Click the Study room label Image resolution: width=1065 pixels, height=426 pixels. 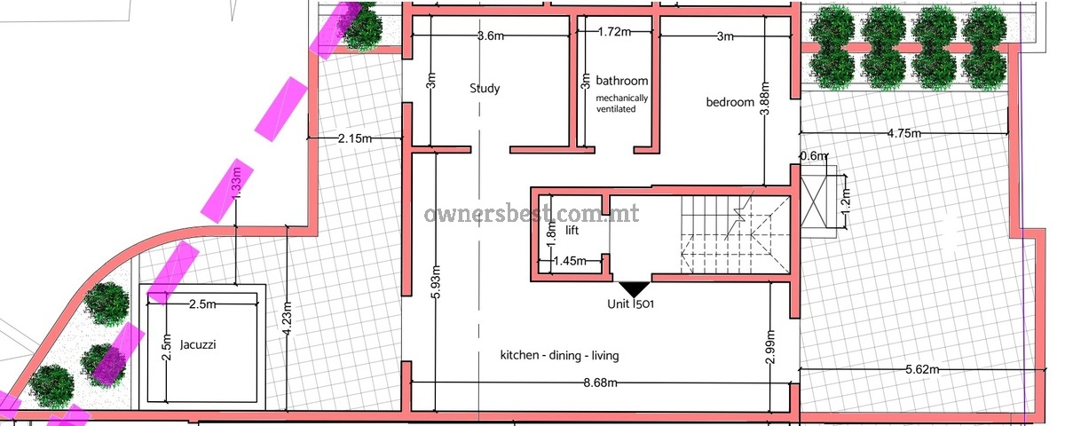tap(485, 89)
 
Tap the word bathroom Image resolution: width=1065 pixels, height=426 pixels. tap(622, 81)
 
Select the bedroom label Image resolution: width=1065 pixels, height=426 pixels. tap(730, 102)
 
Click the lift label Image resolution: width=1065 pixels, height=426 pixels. tap(572, 230)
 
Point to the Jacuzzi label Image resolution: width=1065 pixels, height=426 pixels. tap(198, 344)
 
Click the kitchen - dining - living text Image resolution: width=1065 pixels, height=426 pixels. tap(560, 355)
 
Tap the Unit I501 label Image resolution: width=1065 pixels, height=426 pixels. tap(630, 304)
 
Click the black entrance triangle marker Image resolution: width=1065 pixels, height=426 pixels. tap(634, 288)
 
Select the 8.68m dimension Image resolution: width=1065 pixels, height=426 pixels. tap(601, 383)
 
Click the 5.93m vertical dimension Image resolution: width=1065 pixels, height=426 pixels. tap(436, 281)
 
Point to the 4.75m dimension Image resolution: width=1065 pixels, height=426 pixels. tap(903, 133)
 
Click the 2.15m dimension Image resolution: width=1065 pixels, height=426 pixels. tap(355, 138)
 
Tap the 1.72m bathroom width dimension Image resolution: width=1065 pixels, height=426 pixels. tap(614, 32)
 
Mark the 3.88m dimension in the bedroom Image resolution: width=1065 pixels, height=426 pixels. tap(764, 99)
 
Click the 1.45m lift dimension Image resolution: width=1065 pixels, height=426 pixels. tap(570, 261)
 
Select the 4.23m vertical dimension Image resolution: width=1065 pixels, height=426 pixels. tap(288, 319)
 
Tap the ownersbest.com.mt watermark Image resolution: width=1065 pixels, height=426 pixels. tap(532, 214)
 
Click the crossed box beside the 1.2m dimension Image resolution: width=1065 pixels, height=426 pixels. tap(814, 203)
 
